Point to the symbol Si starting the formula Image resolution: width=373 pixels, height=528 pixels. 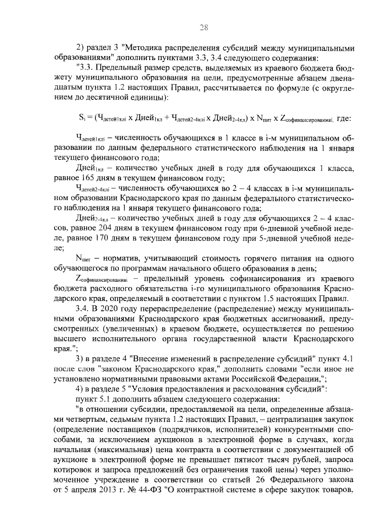pyautogui.click(x=82, y=117)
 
